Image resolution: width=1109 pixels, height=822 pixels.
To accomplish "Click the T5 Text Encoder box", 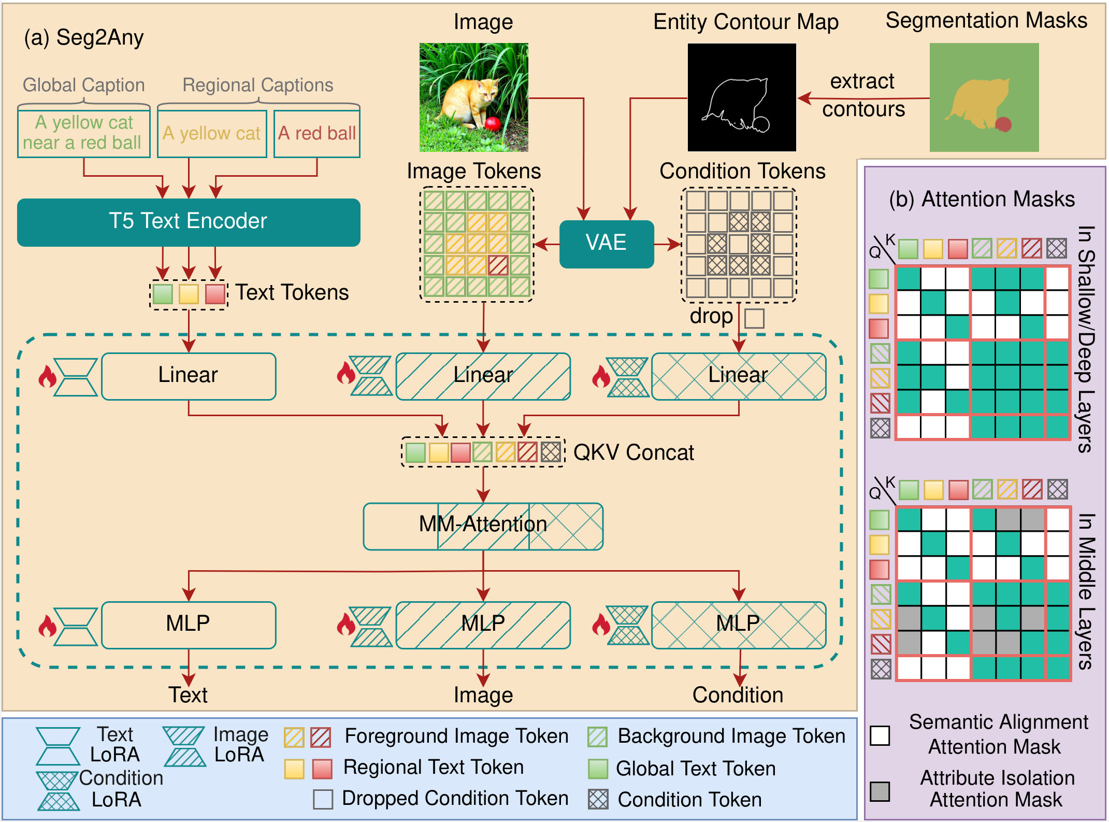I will [189, 222].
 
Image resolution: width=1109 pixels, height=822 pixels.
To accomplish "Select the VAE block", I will [606, 244].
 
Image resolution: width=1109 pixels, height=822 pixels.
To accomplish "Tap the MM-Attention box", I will [483, 526].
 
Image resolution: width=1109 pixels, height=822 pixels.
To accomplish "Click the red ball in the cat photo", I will [492, 123].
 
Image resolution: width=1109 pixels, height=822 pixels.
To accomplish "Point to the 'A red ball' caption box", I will [316, 134].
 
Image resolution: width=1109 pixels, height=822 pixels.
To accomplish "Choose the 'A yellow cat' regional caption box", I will [212, 134].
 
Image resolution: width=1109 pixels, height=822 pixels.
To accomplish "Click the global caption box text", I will [83, 133].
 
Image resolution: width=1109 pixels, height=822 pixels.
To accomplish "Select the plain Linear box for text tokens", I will [189, 376].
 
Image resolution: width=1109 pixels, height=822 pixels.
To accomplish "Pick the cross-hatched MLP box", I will [738, 624].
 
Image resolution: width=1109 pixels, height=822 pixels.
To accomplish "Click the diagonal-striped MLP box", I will [483, 624].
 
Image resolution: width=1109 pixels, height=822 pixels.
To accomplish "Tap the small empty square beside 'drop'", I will [754, 318].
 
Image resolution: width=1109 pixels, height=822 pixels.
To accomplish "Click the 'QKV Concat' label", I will [633, 452].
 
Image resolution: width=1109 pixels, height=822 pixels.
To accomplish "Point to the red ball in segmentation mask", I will [1003, 124].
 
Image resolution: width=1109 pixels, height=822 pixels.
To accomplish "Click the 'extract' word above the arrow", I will [862, 81].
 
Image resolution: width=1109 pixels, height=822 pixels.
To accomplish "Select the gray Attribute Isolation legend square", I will [880, 791].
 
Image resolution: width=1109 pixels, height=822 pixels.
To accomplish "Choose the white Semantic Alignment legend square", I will [880, 735].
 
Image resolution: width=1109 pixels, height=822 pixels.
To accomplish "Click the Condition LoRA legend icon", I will [58, 790].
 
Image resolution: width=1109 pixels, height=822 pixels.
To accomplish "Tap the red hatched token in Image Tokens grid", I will [498, 265].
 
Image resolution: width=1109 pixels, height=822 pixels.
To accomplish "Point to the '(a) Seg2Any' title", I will [84, 38].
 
